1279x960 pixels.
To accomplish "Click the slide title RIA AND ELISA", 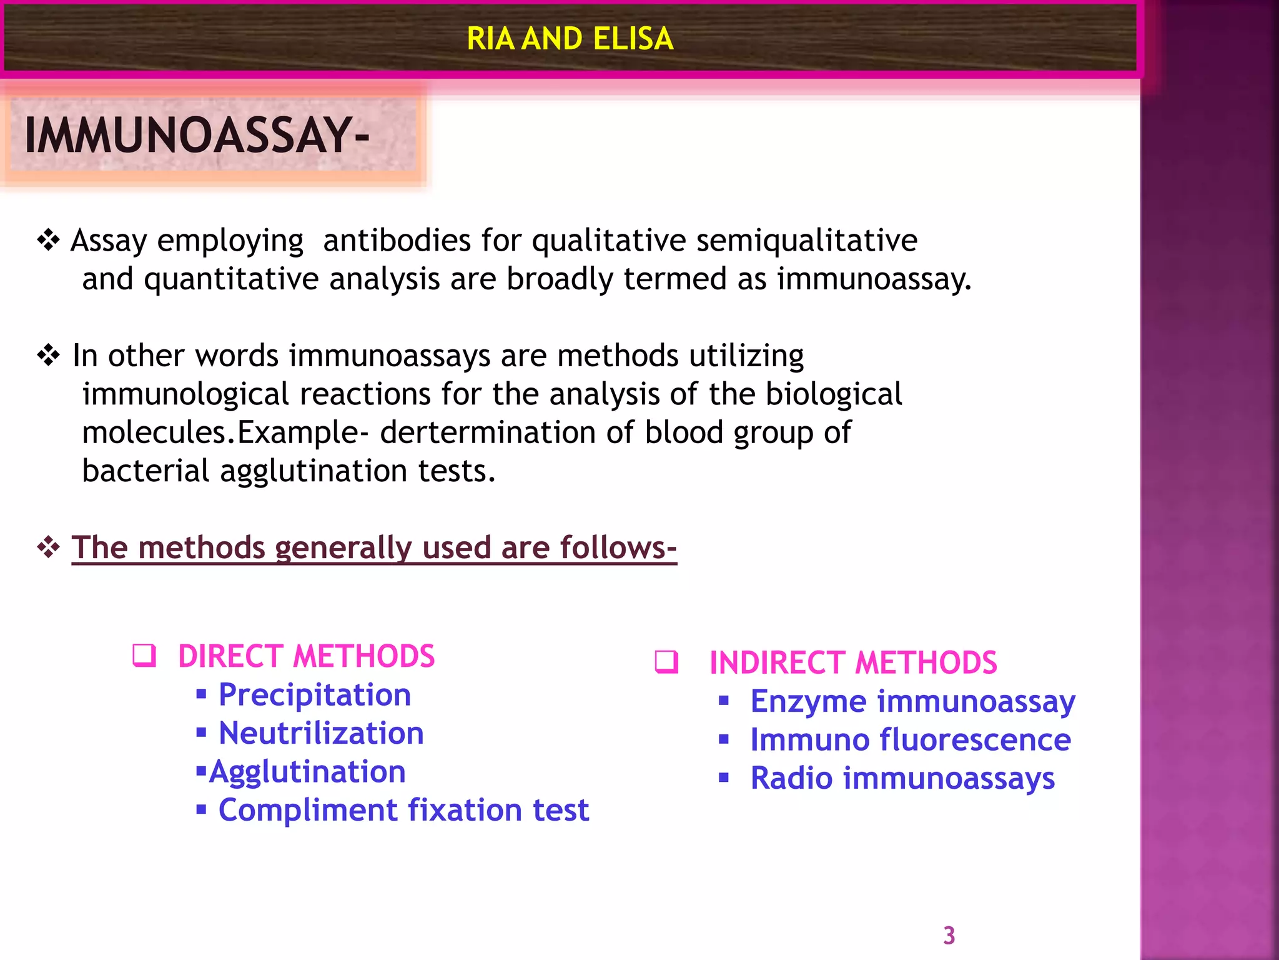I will [x=570, y=39].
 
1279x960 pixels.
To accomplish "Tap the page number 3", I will [x=949, y=936].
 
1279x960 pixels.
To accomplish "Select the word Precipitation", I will [x=315, y=695].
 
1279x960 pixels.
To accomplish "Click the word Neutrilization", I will [x=321, y=733].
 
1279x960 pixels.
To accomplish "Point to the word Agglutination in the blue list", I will [x=307, y=772].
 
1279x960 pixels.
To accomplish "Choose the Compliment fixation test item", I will [x=403, y=810].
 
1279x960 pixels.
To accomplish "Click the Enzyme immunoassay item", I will [x=912, y=701].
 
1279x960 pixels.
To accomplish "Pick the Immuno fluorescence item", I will [x=911, y=740].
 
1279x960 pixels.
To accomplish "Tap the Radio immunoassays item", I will [x=902, y=779].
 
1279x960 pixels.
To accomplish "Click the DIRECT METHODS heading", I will [x=306, y=656].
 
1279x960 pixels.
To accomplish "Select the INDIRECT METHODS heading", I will [x=853, y=662].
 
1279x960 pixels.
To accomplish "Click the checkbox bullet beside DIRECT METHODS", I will [x=144, y=656].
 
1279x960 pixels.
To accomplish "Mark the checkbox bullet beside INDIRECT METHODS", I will [x=666, y=662].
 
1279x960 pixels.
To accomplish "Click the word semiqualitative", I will [x=806, y=241].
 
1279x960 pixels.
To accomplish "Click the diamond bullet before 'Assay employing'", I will [x=48, y=240].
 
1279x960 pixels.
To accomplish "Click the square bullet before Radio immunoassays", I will [x=724, y=778].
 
